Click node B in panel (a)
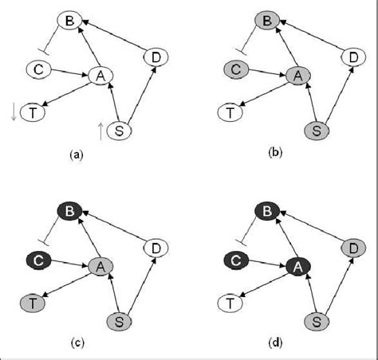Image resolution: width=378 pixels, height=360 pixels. pos(69,22)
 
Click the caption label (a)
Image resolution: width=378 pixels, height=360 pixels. pos(77,157)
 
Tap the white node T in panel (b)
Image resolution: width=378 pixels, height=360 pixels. pos(231,113)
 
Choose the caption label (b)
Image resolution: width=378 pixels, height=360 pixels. pos(275,157)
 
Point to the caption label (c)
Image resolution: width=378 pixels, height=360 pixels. pos(77,343)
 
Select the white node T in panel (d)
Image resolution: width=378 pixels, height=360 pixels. pos(231,303)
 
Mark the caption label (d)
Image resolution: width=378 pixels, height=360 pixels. pos(275,343)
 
